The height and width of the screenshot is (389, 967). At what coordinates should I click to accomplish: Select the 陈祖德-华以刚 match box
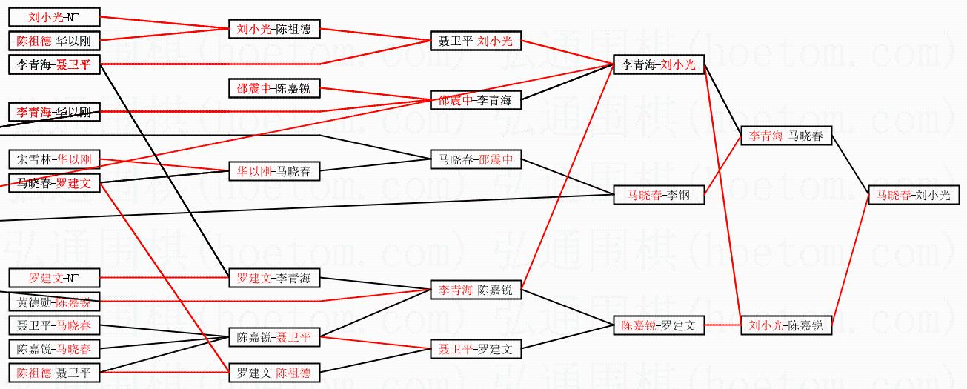coord(53,40)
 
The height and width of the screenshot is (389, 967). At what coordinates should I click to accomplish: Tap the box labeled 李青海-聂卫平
coord(53,64)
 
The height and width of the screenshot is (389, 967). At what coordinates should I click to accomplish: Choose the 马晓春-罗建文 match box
coord(53,183)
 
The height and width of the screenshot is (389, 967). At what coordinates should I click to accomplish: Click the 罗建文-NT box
coord(53,278)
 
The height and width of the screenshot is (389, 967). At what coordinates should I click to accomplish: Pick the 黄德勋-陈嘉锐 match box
coord(53,302)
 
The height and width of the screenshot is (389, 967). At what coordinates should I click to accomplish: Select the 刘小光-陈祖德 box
coord(273,30)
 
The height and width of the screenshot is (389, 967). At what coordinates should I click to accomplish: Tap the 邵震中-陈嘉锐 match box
coord(273,89)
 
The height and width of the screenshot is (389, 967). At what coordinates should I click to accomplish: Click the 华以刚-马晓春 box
coord(273,171)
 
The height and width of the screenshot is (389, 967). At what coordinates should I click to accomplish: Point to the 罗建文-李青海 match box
coord(273,279)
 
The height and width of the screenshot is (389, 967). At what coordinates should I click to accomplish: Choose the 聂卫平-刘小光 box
coord(476,41)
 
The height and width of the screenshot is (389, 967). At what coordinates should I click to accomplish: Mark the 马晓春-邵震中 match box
coord(476,159)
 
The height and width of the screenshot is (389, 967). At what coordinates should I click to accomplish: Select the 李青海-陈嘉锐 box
coord(476,290)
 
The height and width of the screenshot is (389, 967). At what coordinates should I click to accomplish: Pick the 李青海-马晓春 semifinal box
coord(786,136)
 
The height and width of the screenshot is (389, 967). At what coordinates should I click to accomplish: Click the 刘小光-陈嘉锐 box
coord(786,325)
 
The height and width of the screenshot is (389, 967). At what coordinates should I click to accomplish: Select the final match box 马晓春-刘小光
coord(914,195)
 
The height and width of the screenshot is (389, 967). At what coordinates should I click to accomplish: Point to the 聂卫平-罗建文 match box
coord(476,348)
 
